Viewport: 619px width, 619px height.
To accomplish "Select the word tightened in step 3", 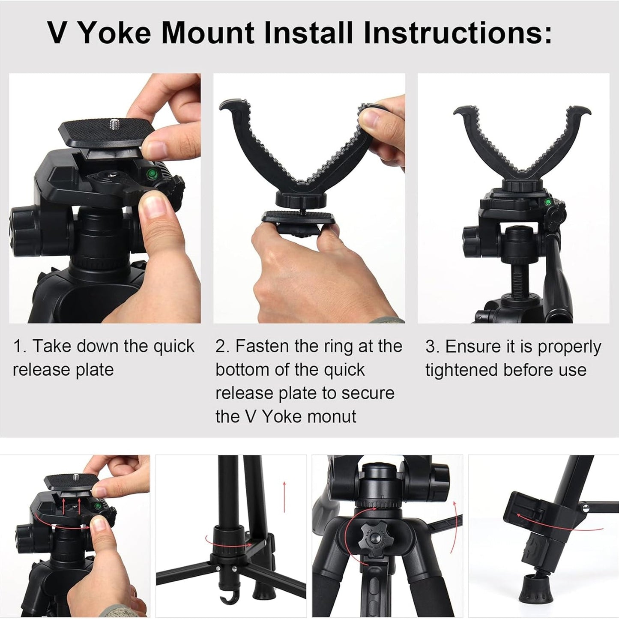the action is (462, 370).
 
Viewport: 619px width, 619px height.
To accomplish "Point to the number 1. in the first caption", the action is (20, 346).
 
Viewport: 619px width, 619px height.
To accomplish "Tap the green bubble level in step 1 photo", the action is (150, 174).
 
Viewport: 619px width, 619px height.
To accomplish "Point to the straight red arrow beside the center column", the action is (284, 496).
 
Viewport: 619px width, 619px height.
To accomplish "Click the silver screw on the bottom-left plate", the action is (75, 477).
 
